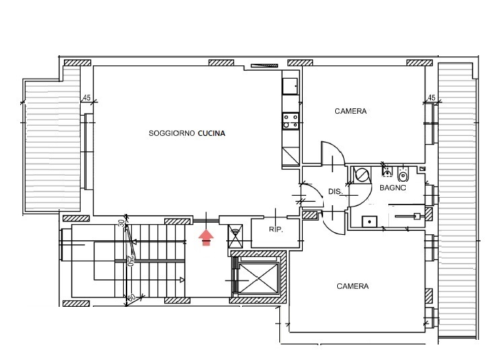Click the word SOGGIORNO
point(172,133)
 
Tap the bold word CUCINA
point(211,133)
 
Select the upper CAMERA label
point(351,111)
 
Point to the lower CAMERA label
point(353,286)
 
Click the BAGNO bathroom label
point(392,188)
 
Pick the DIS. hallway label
point(335,191)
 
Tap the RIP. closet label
point(276,229)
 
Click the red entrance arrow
point(206,238)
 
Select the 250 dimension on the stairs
point(130,261)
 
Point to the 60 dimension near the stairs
point(132,297)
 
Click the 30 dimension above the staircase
point(122,223)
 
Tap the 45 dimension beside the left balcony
point(87,98)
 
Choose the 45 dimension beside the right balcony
point(431,98)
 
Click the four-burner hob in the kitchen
point(291,121)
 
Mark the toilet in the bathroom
point(402,175)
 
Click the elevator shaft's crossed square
point(258,279)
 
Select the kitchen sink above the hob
point(290,86)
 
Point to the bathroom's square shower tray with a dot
point(369,221)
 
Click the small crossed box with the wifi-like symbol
point(236,236)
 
